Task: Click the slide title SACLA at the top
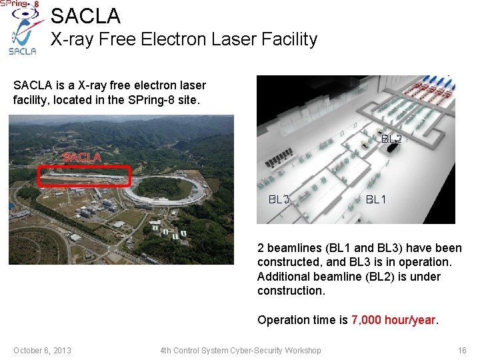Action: point(85,15)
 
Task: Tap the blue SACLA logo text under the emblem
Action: point(22,51)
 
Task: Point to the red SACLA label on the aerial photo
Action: point(81,157)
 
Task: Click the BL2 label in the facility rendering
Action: point(391,139)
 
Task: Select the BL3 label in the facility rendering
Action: point(279,199)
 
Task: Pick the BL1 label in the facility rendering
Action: point(375,199)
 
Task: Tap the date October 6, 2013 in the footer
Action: point(42,351)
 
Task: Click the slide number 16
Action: point(462,351)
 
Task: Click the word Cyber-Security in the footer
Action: point(257,351)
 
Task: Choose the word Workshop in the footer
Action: point(303,351)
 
